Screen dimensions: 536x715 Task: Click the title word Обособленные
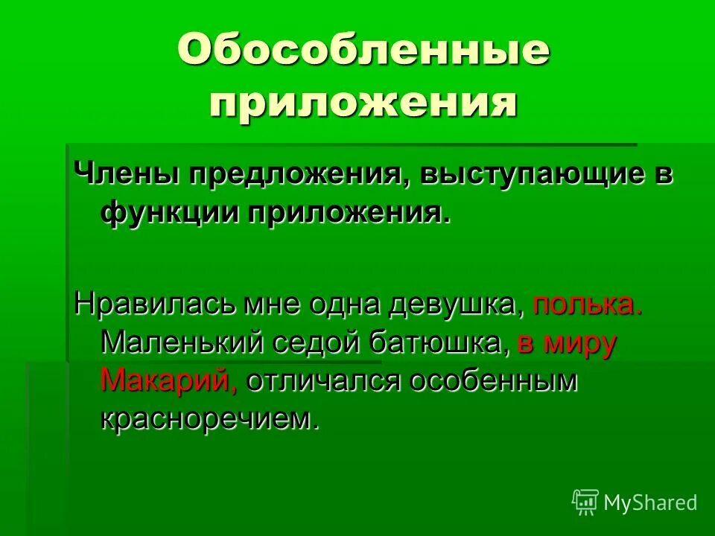[363, 52]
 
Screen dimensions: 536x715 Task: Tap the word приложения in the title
[363, 103]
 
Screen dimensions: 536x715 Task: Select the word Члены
[126, 176]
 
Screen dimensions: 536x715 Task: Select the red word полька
[588, 305]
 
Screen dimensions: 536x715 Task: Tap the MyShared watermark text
[650, 502]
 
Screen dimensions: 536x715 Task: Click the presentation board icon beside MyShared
[585, 502]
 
